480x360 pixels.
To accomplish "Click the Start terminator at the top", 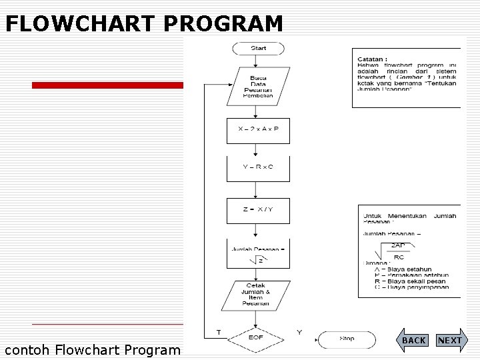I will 258,48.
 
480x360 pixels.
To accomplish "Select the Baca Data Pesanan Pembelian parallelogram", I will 258,87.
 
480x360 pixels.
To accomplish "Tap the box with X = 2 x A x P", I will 258,129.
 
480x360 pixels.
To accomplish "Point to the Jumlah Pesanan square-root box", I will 258,253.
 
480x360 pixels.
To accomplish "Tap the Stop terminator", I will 347,339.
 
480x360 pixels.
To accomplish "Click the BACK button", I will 414,340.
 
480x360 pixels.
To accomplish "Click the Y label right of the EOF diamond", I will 299,332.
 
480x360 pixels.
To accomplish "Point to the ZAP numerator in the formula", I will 398,245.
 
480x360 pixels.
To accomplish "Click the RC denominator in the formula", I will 399,257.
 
